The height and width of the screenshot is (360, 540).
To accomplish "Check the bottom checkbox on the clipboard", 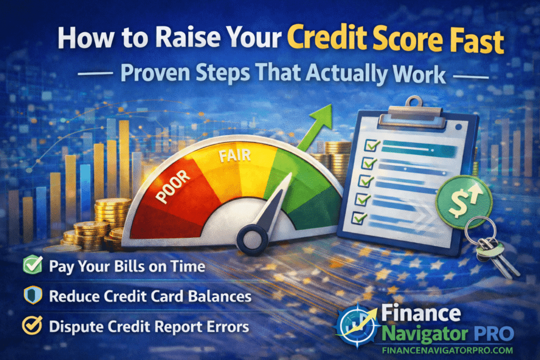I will (x=360, y=217).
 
